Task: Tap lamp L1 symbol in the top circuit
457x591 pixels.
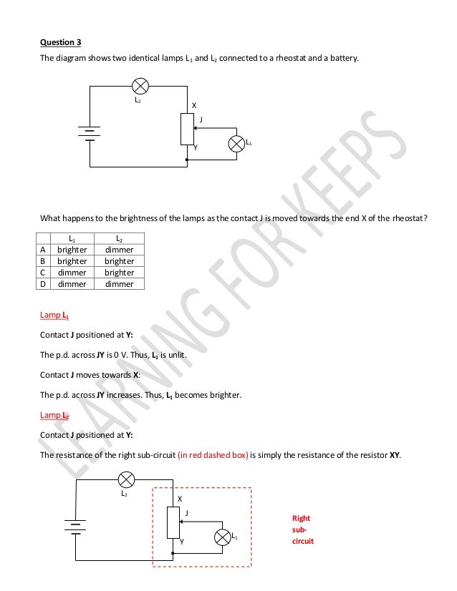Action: click(236, 144)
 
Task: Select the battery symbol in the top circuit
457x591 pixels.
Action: click(90, 134)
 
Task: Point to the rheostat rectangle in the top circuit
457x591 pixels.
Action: click(186, 130)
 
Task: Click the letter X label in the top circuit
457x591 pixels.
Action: click(191, 105)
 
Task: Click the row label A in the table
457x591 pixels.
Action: click(43, 250)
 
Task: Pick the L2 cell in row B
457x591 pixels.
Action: click(119, 261)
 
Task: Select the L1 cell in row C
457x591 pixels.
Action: click(72, 273)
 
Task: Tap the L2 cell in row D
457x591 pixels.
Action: click(119, 284)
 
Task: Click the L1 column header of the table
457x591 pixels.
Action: click(72, 238)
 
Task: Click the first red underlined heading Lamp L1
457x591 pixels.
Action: click(54, 315)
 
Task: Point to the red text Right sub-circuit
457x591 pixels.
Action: click(302, 529)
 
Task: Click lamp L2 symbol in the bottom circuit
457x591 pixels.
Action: click(126, 479)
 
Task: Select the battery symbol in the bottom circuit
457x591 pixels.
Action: click(74, 526)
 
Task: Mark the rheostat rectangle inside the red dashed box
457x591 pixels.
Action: click(173, 522)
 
